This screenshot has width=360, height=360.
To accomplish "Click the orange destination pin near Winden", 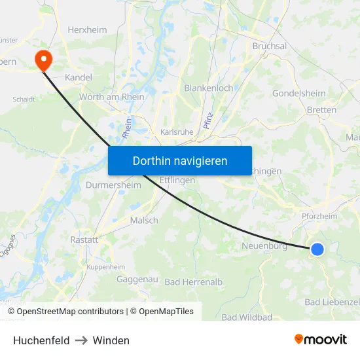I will pyautogui.click(x=44, y=60).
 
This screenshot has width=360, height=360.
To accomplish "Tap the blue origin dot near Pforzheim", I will pyautogui.click(x=317, y=249).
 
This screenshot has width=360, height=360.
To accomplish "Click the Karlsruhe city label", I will pyautogui.click(x=177, y=132).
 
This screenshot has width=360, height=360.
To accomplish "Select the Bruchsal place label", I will pyautogui.click(x=269, y=46).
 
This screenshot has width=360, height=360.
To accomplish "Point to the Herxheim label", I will pyautogui.click(x=88, y=29).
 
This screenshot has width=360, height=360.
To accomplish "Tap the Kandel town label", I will pyautogui.click(x=79, y=77).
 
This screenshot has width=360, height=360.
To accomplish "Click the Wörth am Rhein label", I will pyautogui.click(x=111, y=97).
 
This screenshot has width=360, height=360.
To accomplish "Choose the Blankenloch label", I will pyautogui.click(x=208, y=88).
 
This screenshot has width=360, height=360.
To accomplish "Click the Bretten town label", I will pyautogui.click(x=321, y=110).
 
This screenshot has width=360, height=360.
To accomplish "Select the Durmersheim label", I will pyautogui.click(x=113, y=185).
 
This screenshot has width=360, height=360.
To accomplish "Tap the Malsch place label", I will pyautogui.click(x=144, y=221).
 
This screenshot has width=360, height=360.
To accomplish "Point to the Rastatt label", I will pyautogui.click(x=84, y=240).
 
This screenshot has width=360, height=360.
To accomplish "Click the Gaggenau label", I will pyautogui.click(x=137, y=279).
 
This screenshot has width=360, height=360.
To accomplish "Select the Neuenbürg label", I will pyautogui.click(x=264, y=246).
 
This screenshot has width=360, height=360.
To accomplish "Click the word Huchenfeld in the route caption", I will pyautogui.click(x=41, y=340).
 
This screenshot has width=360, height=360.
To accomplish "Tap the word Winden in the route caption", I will pyautogui.click(x=111, y=340).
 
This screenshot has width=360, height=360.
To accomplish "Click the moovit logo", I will pyautogui.click(x=320, y=339).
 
